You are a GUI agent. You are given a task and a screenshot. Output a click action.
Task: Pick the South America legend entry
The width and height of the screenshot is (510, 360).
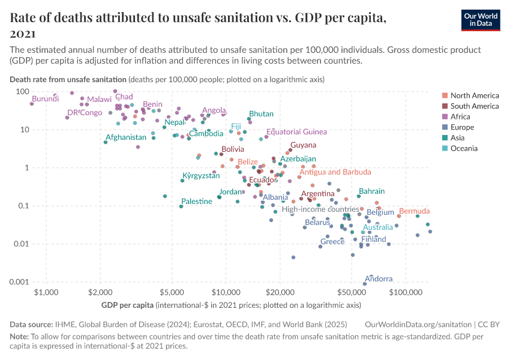coord(474,106)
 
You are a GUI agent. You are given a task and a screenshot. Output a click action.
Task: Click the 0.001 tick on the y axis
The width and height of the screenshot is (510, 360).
coord(20,282)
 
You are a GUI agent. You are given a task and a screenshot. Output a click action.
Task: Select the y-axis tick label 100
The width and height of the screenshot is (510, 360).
coord(23,91)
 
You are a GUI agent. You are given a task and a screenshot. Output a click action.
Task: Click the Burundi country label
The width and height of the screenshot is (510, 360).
coord(46,98)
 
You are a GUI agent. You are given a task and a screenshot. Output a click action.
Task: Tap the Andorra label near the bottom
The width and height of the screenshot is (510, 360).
coord(379,279)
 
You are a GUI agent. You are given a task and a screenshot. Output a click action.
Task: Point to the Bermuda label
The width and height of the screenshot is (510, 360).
coord(414,211)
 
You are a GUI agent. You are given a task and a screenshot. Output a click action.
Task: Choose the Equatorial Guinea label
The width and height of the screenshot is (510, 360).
coord(296,132)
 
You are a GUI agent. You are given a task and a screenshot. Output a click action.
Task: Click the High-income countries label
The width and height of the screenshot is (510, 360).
coord(320,209)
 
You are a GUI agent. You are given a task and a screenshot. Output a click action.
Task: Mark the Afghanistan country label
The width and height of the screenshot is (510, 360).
coord(126,137)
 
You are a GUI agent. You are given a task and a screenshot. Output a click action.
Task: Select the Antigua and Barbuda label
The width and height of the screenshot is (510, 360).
coord(335,172)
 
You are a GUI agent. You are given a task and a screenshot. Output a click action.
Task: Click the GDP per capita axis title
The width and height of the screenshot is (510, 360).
coord(127,305)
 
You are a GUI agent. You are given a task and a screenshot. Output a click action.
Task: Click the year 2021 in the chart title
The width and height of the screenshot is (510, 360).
coord(23,34)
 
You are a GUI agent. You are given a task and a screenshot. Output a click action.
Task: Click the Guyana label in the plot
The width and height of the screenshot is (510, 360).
coord(303,145)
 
